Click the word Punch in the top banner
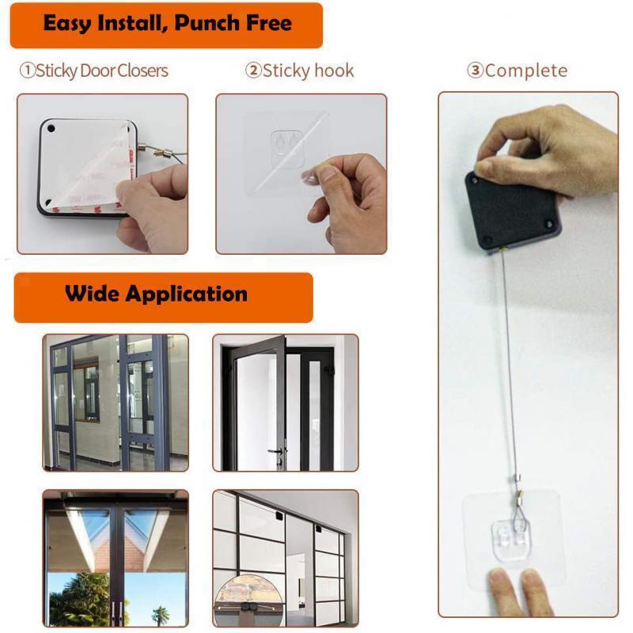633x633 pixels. pos(203,23)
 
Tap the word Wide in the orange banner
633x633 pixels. pos(93,294)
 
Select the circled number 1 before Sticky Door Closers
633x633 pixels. pos(27,70)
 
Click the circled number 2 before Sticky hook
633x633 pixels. pos(253,70)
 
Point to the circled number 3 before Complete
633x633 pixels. pos(475,70)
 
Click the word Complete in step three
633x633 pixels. pos(526,70)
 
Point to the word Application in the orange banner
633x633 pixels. pos(187,294)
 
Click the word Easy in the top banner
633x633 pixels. pos(67,23)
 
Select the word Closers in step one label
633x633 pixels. pos(143,70)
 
